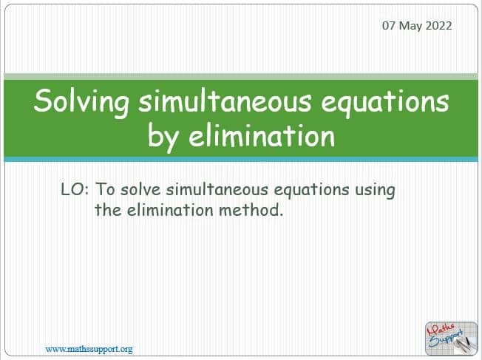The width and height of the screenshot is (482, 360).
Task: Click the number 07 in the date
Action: [389, 26]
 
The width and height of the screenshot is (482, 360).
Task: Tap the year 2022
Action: [438, 26]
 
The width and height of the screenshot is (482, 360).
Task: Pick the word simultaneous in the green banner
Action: [225, 101]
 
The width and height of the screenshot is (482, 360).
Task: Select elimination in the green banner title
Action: [262, 135]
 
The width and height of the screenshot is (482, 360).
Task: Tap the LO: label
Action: [75, 189]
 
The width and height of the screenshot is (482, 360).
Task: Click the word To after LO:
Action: [106, 189]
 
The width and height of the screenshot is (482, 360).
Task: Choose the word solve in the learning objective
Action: [140, 189]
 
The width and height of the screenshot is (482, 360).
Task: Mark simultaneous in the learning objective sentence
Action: [217, 189]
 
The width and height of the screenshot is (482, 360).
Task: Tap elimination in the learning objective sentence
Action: [170, 210]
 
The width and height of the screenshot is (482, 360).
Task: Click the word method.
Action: [251, 210]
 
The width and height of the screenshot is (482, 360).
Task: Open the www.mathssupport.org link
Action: [89, 350]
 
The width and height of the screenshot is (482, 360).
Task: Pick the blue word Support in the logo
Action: [446, 338]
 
